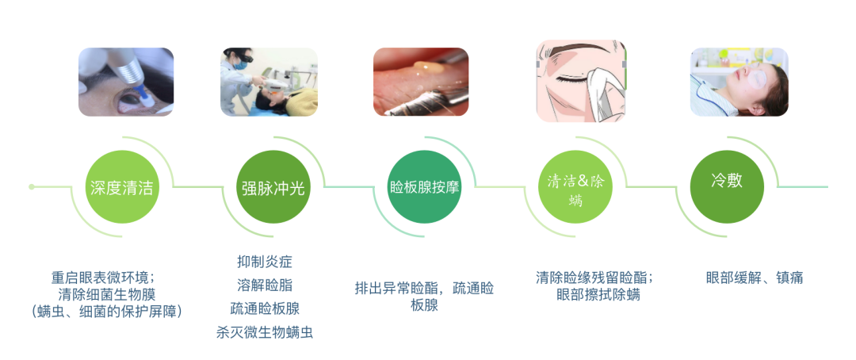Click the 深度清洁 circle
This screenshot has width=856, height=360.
[122, 187]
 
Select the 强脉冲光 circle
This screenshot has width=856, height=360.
[273, 187]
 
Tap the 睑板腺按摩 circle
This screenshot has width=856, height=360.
[424, 187]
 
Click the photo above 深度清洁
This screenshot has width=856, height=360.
[126, 82]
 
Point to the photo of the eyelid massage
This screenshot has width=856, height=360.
[421, 82]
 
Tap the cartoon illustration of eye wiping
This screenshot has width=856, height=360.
[582, 81]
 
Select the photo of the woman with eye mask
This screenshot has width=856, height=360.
[739, 82]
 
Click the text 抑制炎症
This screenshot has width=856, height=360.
[265, 262]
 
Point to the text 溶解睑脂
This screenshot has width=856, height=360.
[265, 285]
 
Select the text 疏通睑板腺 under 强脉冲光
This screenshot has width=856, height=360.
[265, 308]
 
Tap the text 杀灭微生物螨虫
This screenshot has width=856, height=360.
[265, 333]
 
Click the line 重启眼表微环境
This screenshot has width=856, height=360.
[106, 277]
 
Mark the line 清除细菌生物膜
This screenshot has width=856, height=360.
[106, 294]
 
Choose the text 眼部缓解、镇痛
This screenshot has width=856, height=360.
[755, 278]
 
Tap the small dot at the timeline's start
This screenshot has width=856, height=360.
[32, 187]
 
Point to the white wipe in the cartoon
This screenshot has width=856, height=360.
[606, 87]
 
